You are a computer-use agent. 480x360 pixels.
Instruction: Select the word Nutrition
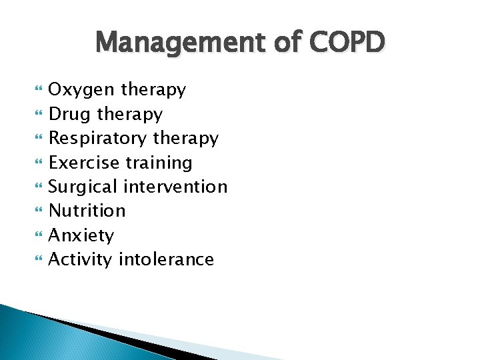pyautogui.click(x=87, y=211)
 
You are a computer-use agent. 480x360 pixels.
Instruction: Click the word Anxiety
pyautogui.click(x=81, y=236)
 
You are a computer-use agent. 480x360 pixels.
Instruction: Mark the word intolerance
pyautogui.click(x=166, y=259)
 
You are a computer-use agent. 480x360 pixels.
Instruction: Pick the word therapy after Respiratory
pyautogui.click(x=185, y=139)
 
